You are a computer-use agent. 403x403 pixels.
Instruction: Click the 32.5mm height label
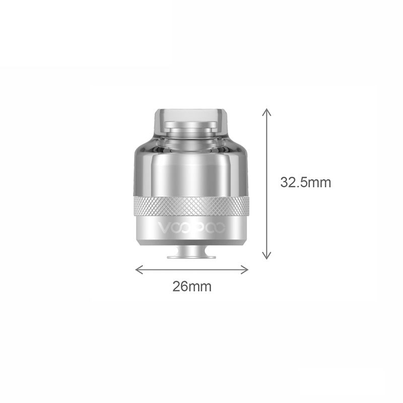305,182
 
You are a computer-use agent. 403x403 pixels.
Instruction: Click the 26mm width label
192,286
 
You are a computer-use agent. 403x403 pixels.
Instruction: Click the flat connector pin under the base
191,256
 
